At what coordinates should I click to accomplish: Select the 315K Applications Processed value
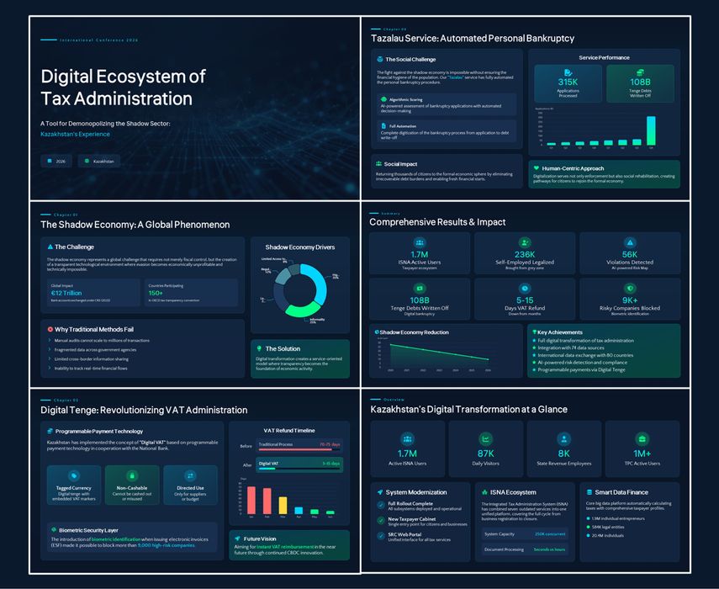click(x=568, y=82)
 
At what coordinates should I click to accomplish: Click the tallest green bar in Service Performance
click(x=650, y=130)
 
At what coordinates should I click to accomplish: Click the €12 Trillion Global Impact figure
click(x=66, y=293)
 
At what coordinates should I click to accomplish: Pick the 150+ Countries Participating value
click(x=157, y=293)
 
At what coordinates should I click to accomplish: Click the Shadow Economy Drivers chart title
click(x=299, y=247)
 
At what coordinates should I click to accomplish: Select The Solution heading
click(x=282, y=348)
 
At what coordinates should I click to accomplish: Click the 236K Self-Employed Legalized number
click(x=525, y=254)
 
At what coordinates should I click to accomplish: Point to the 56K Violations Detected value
click(x=630, y=254)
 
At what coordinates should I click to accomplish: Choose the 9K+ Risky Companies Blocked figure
click(x=630, y=300)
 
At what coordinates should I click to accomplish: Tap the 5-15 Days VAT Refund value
click(x=525, y=300)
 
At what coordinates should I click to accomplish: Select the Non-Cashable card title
click(x=126, y=487)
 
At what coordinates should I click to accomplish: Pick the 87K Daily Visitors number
click(x=485, y=453)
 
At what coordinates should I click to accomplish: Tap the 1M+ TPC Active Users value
click(x=641, y=453)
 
